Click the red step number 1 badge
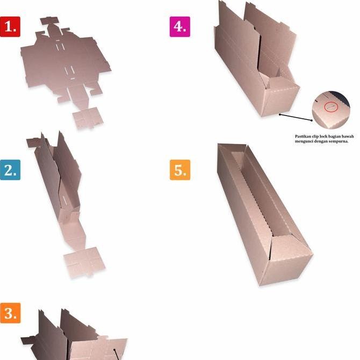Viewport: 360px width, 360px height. click(x=10, y=26)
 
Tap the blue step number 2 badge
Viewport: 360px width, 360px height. click(x=10, y=170)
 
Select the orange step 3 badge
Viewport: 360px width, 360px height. click(x=10, y=313)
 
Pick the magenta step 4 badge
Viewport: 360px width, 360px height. click(x=179, y=26)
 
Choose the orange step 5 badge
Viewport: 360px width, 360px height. click(x=179, y=170)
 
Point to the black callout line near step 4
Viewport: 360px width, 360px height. click(x=296, y=117)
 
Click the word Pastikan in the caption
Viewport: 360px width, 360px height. click(x=304, y=136)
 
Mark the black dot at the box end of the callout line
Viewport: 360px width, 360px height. click(x=280, y=114)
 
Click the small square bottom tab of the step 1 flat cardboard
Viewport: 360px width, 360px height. click(x=87, y=118)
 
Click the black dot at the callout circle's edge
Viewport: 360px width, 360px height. click(x=312, y=120)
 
